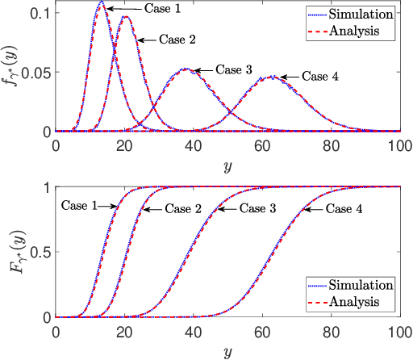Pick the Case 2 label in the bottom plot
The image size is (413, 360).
tap(183, 209)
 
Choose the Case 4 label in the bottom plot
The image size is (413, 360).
tap(343, 209)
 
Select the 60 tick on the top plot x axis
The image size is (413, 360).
tap(262, 145)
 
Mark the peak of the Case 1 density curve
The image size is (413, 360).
tap(101, 2)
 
